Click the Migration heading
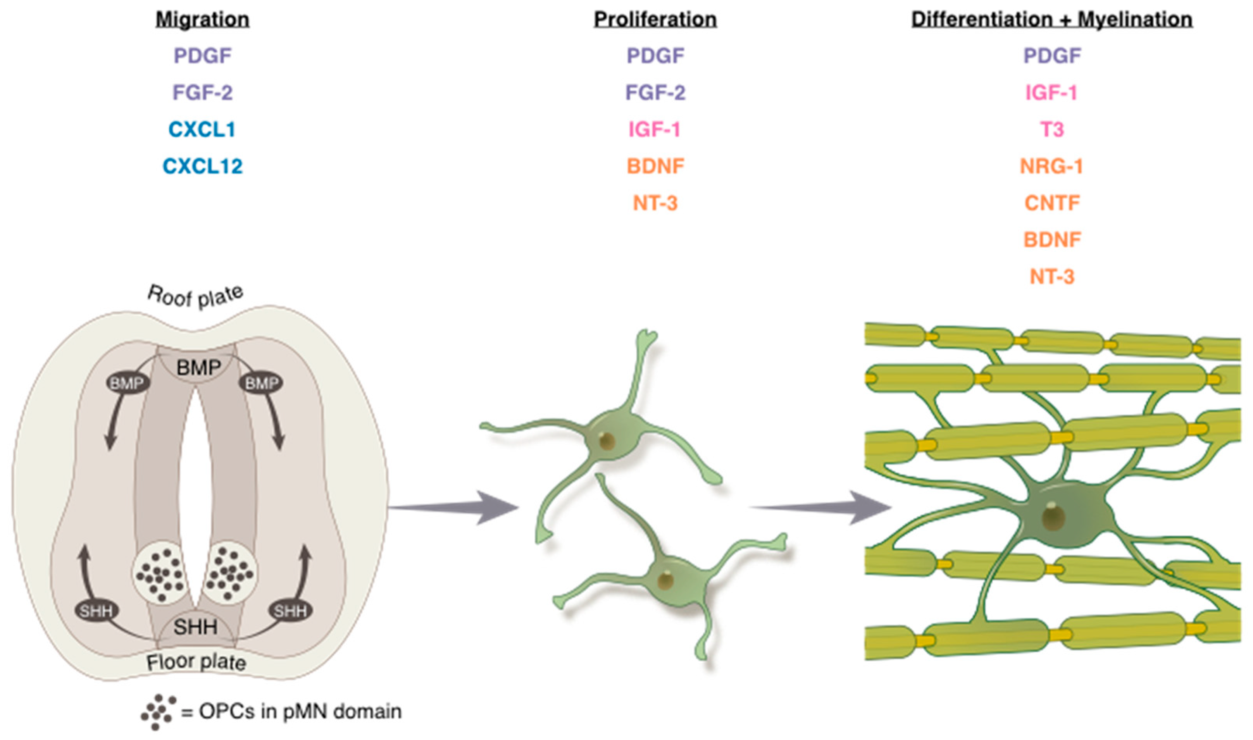pos(203,20)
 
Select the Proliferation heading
pos(655,20)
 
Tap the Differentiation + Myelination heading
pos(1052,20)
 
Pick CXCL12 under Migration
pos(203,166)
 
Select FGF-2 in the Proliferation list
pos(655,93)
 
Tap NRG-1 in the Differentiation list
pos(1051,166)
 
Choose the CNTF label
pos(1052,203)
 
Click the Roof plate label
pos(196,297)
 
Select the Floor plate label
pos(196,662)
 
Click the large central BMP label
pos(198,368)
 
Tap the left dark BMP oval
pos(127,383)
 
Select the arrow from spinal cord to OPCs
pos(454,508)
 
